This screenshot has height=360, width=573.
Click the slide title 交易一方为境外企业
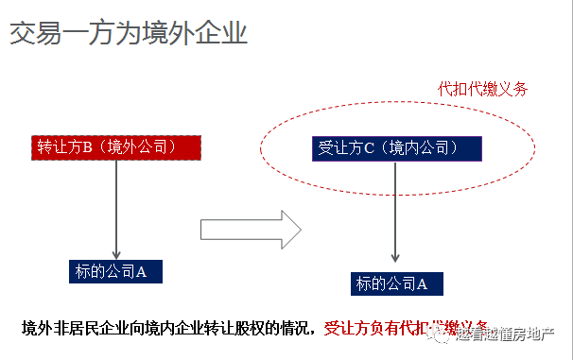(129, 35)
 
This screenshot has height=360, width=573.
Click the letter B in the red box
(85, 147)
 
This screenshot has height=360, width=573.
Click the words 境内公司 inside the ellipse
(425, 148)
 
